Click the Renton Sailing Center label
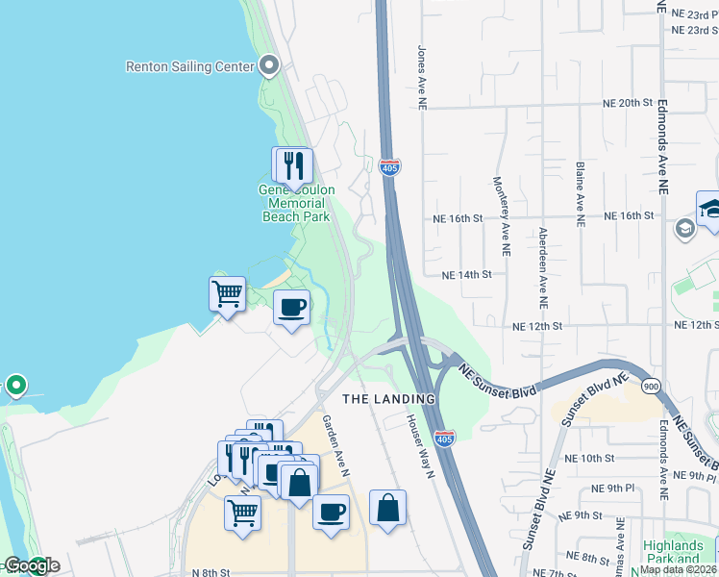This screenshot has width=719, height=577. coord(189,66)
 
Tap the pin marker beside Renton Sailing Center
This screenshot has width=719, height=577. coord(269,66)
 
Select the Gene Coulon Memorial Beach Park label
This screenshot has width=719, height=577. coord(297,203)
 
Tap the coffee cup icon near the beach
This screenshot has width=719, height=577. coord(291,308)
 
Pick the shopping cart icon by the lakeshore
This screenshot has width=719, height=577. coord(227,292)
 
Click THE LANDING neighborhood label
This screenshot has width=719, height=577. coord(390,398)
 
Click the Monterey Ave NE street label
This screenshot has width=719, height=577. coord(501,216)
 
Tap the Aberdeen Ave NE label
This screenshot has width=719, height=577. coord(543,261)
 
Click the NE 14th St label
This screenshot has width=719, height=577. coord(466,274)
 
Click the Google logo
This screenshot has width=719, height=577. coord(32,565)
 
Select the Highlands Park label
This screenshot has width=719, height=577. coord(672,552)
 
